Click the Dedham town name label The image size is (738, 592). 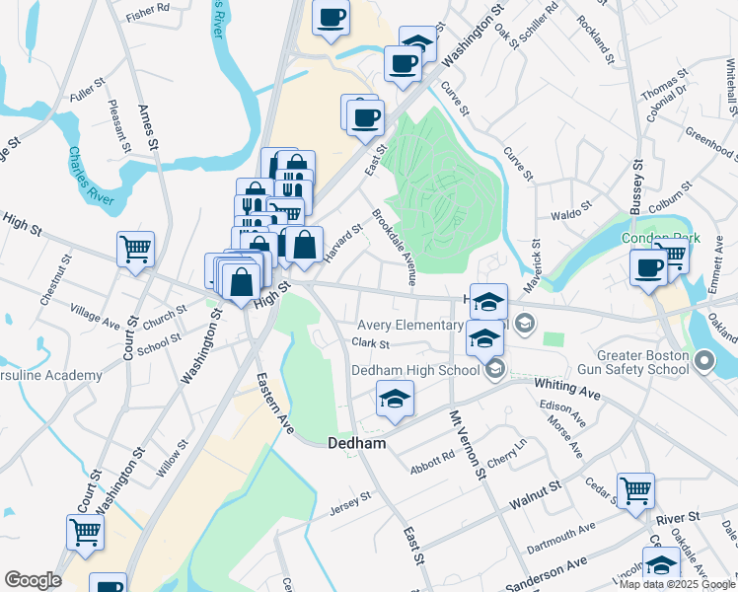pos(355,444)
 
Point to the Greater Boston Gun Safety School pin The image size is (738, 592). pos(703,363)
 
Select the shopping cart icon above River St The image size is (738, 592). pos(635,489)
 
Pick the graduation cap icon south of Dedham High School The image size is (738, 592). pos(394,400)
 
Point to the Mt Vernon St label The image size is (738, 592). pos(470,445)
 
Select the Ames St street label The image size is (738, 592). pos(149,127)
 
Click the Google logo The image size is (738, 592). pos(34,579)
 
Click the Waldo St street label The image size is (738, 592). pos(570,210)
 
